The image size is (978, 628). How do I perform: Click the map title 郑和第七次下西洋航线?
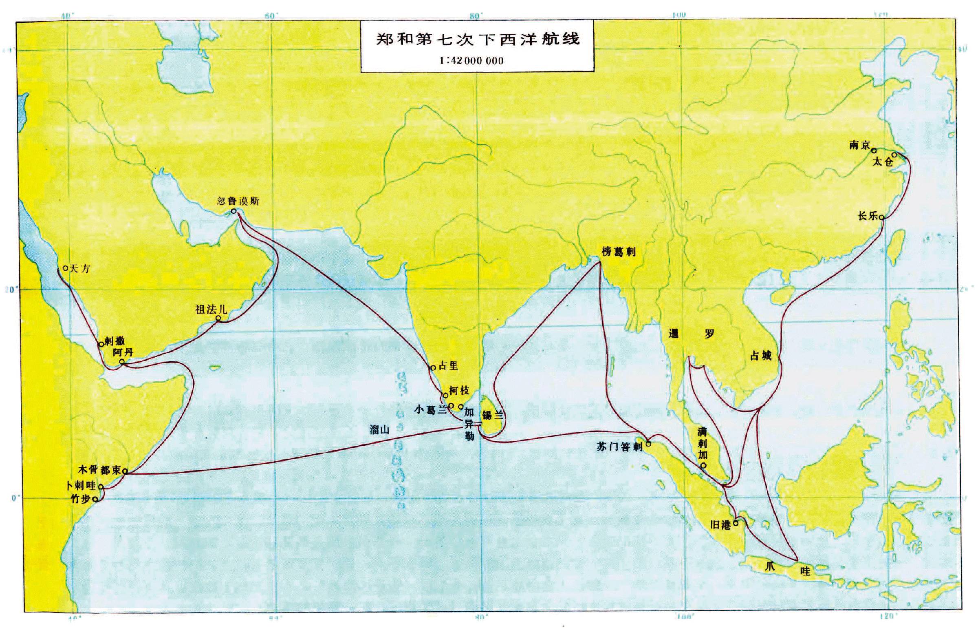(x=477, y=39)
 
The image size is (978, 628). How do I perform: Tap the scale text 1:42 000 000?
(x=471, y=61)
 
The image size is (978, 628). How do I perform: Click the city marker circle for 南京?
(x=874, y=150)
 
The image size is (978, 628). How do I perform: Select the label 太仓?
(x=883, y=162)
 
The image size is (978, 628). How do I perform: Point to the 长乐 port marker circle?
(x=881, y=217)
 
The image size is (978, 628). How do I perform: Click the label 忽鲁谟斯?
(x=238, y=201)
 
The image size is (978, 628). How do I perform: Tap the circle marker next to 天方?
(x=66, y=268)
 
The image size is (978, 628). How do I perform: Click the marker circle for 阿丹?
(x=122, y=362)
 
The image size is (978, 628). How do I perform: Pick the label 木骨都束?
(x=99, y=470)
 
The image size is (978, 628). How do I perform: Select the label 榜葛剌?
(x=619, y=252)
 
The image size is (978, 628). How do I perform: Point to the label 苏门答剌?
(x=619, y=447)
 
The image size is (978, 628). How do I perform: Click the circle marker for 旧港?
(x=736, y=523)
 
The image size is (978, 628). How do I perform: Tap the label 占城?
(x=761, y=356)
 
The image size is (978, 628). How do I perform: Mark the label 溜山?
(x=379, y=429)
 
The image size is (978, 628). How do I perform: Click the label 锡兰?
(x=493, y=416)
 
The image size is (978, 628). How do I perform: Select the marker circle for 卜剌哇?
(x=101, y=487)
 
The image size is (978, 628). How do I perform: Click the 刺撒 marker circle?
(x=101, y=344)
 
